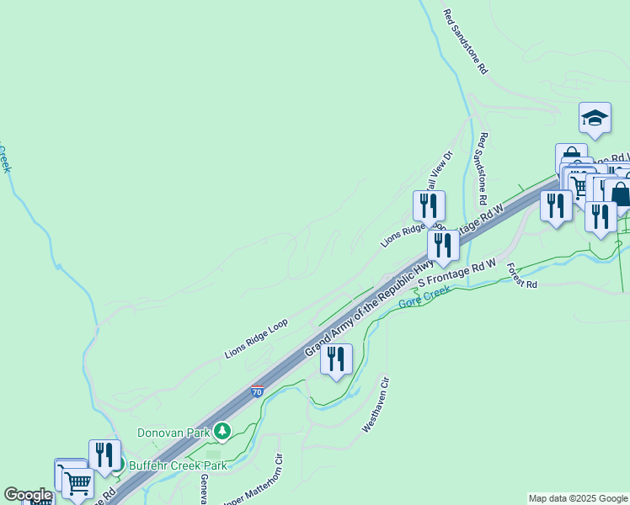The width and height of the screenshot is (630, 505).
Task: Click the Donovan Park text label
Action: pyautogui.click(x=173, y=432)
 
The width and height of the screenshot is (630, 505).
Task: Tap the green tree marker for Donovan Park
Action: pyautogui.click(x=222, y=432)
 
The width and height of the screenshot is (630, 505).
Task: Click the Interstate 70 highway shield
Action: pyautogui.click(x=257, y=392)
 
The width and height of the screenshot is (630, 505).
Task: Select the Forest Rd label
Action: pyautogui.click(x=521, y=276)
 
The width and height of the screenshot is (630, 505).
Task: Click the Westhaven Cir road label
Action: pyautogui.click(x=376, y=406)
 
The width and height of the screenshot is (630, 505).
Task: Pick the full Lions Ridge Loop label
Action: pyautogui.click(x=256, y=338)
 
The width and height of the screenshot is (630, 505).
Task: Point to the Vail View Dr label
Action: pyautogui.click(x=443, y=173)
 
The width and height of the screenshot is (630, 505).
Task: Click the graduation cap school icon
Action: pyautogui.click(x=595, y=119)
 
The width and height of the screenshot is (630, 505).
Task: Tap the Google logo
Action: pyautogui.click(x=28, y=495)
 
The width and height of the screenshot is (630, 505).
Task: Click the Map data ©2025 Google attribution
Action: pyautogui.click(x=578, y=498)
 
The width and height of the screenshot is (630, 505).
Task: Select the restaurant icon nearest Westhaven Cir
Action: pyautogui.click(x=336, y=359)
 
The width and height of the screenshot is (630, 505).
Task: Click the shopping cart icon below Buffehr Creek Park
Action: pyautogui.click(x=77, y=482)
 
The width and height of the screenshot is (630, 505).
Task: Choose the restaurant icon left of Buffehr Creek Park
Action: pyautogui.click(x=104, y=455)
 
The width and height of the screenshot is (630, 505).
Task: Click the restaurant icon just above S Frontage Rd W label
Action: pyautogui.click(x=442, y=246)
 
